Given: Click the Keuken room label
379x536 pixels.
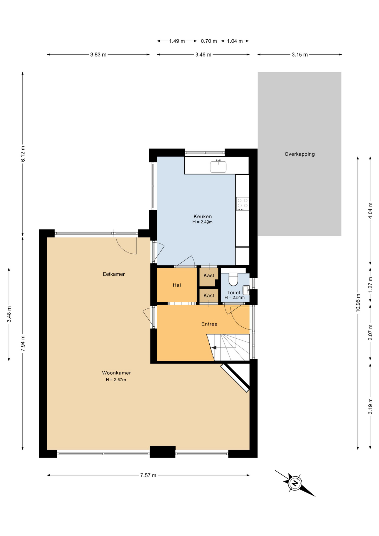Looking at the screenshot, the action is (x=203, y=216).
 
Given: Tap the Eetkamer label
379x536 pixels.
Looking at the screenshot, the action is (x=114, y=274).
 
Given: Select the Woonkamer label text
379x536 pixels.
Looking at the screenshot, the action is (x=116, y=373).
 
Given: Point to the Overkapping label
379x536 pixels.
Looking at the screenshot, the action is (x=299, y=154).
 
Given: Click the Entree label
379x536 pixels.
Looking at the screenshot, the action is (x=209, y=324).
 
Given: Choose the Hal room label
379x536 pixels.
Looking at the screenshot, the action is (x=177, y=285).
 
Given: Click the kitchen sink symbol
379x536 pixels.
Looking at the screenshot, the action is (x=218, y=166).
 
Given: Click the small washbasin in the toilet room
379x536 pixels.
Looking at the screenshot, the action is (x=246, y=290).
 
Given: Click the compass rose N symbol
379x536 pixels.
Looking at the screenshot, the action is (x=295, y=483).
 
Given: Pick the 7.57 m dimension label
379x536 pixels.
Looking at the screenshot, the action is (x=148, y=475).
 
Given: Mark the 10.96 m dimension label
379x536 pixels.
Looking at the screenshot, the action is (x=358, y=303).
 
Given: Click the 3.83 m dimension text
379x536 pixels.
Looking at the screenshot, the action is (x=98, y=55).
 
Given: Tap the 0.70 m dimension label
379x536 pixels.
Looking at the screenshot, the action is (x=209, y=41).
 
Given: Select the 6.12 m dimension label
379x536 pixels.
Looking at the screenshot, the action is (x=23, y=154).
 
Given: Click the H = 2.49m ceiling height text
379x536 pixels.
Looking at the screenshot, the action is (x=202, y=222).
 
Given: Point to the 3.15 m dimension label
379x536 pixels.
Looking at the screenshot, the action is (x=300, y=55).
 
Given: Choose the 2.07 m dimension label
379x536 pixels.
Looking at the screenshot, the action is (x=370, y=332).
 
